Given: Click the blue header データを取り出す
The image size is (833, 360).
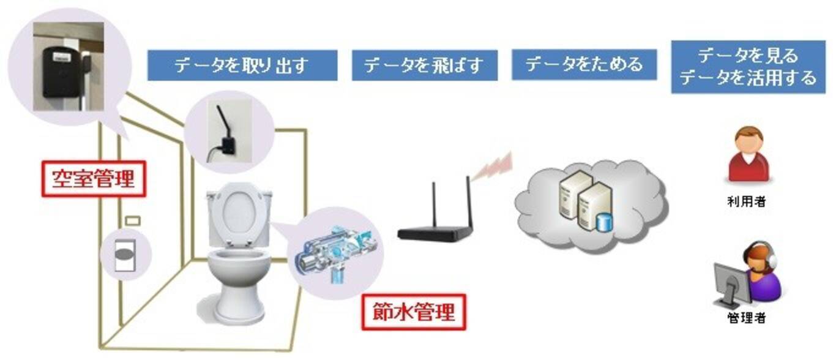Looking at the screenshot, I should coord(242,66).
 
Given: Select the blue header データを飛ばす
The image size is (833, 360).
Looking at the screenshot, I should coord(424,66).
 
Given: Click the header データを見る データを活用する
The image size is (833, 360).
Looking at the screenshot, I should coord(748,67).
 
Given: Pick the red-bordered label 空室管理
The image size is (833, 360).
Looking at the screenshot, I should coord(93,179).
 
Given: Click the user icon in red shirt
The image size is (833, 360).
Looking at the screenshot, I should coord(747,155).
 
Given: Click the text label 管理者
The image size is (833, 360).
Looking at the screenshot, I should coord(746,318).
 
